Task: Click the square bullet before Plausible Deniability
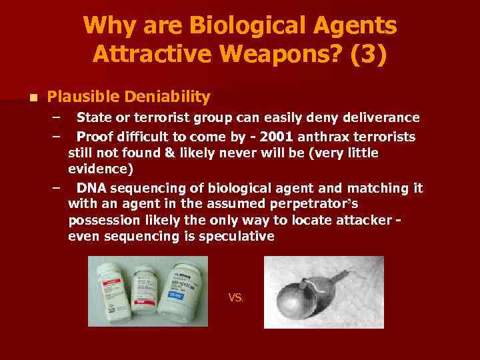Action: tap(31, 98)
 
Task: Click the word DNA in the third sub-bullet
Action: tap(91, 188)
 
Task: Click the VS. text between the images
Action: tap(236, 298)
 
